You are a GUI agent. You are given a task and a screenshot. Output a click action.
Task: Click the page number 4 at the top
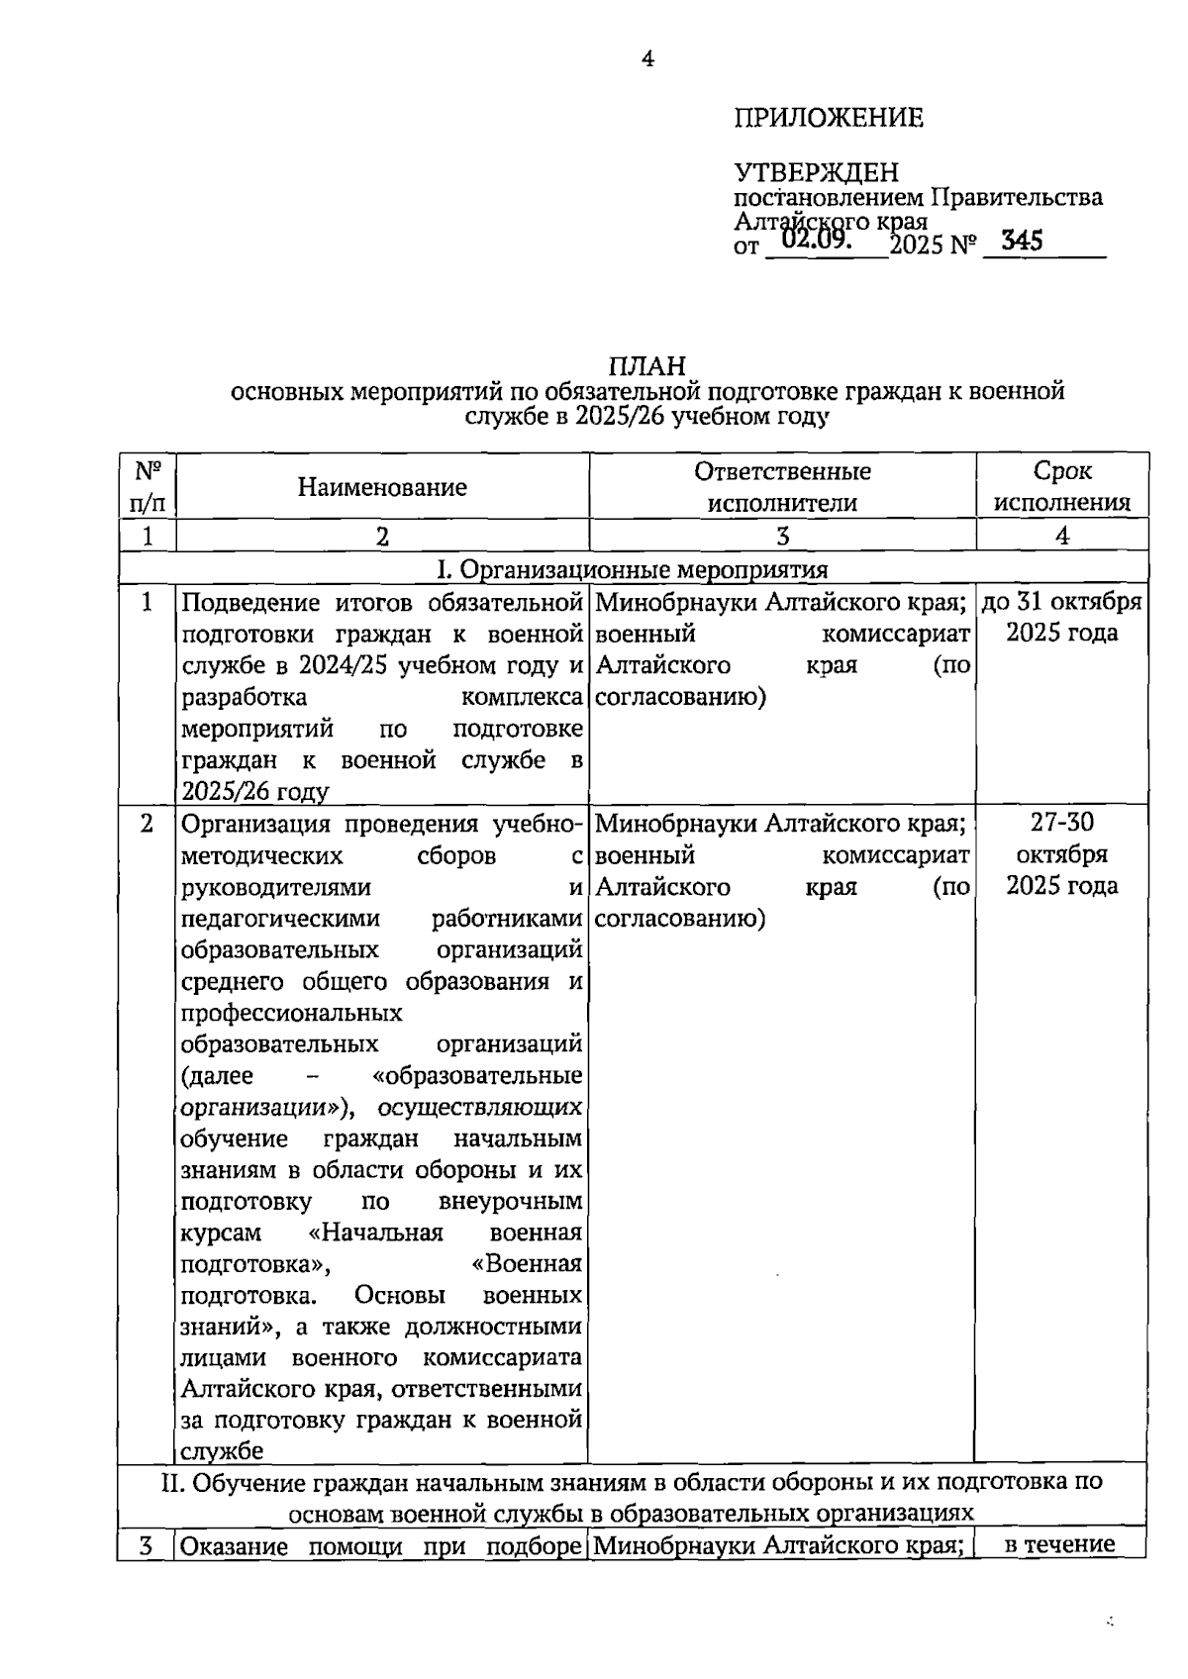tap(647, 59)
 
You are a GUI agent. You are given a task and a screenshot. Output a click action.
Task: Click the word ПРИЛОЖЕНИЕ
tap(829, 119)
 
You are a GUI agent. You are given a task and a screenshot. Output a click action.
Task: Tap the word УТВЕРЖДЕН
tap(816, 173)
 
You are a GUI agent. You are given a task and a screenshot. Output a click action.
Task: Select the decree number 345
tap(1022, 241)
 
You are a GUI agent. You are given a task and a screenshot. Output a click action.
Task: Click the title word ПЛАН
tap(646, 367)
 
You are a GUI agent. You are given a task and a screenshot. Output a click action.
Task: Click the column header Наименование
tap(382, 487)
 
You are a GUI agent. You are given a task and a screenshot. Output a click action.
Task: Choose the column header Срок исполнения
tap(1061, 487)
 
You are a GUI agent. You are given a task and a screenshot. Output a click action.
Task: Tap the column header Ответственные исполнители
tap(782, 487)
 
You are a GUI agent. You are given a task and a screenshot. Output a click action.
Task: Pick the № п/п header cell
tap(148, 486)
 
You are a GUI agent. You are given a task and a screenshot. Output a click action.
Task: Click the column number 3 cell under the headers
tap(782, 537)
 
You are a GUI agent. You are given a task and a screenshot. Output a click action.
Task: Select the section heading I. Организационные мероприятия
tap(633, 570)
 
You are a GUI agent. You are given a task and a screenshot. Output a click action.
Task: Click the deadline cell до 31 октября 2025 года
tap(1061, 618)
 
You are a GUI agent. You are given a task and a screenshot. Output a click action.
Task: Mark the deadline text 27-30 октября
tap(1061, 839)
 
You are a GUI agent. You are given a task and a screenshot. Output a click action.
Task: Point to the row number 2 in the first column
tap(148, 824)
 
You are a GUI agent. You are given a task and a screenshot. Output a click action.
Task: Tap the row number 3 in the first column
tap(147, 1545)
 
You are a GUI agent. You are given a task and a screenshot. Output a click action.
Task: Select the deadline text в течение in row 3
tap(1060, 1544)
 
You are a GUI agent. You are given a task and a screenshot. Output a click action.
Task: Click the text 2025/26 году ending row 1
tap(254, 792)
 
